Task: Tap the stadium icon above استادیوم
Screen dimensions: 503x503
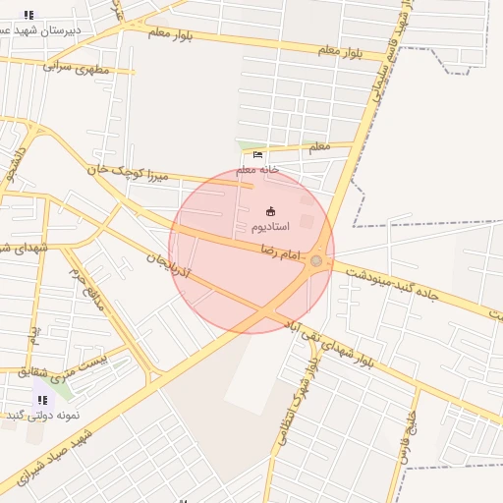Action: (x=271, y=210)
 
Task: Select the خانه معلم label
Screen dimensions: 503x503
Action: (x=256, y=169)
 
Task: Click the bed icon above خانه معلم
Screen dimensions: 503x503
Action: (x=257, y=154)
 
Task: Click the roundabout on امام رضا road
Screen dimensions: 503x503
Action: (x=316, y=260)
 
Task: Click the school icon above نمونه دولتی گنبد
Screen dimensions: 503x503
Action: (x=41, y=400)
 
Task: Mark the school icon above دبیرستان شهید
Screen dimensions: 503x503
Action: (x=28, y=15)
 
